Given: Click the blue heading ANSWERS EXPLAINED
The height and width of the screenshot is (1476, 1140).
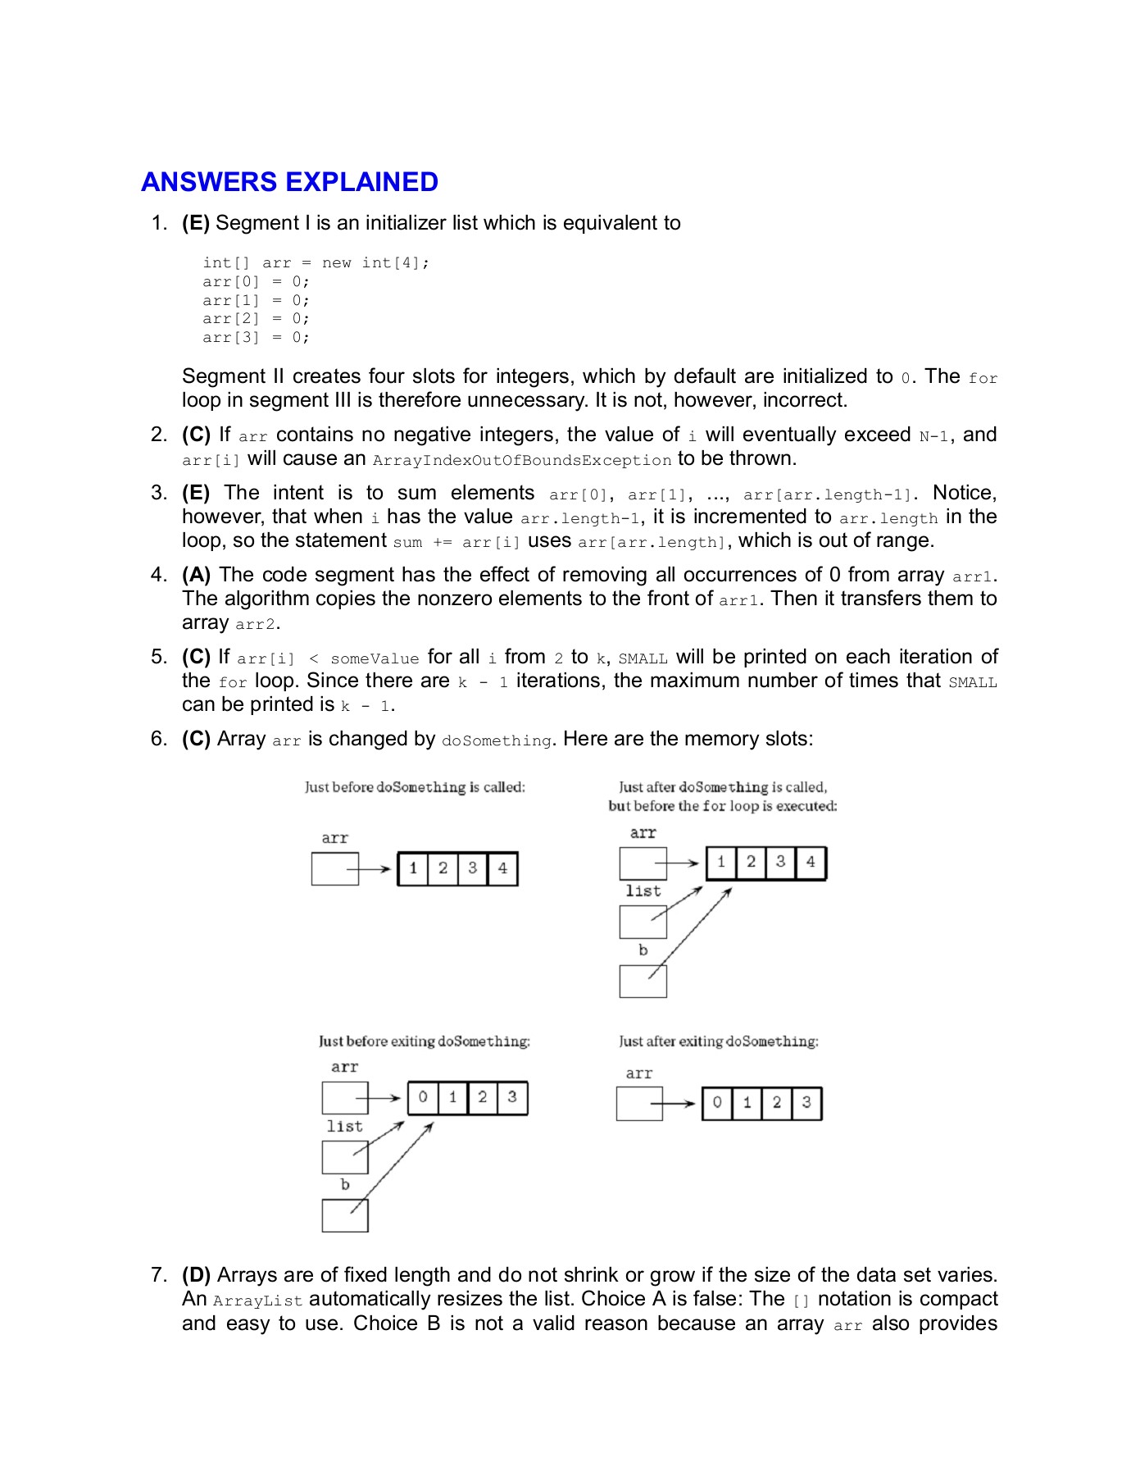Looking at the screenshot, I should click(289, 182).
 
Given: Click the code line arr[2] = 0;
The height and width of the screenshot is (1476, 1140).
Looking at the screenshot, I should click(256, 319).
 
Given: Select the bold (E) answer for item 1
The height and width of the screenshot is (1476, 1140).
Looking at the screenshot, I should click(196, 223).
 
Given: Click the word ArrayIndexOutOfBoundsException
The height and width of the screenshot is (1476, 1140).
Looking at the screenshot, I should click(522, 460).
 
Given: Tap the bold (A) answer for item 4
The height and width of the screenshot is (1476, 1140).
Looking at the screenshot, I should click(196, 575).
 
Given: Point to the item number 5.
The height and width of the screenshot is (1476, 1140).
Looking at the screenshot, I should click(158, 657).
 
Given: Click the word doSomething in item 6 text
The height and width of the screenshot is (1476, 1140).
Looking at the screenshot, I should click(497, 740).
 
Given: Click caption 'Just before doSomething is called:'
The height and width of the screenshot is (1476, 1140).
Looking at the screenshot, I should click(415, 787).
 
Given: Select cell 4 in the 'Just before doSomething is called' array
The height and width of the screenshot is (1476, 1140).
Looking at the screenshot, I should click(502, 868).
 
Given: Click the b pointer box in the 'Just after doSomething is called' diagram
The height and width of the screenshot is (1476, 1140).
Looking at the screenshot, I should click(643, 981).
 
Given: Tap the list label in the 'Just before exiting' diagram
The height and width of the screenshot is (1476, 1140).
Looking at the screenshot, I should click(344, 1127).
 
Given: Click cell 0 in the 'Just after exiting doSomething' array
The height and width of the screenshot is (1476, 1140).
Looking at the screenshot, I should click(717, 1103).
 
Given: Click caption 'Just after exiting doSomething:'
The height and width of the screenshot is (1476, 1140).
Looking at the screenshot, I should click(719, 1041).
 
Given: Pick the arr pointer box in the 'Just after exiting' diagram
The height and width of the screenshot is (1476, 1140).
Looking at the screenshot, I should click(639, 1104).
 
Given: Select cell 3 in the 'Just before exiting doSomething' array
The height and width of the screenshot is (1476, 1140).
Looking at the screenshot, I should click(512, 1097).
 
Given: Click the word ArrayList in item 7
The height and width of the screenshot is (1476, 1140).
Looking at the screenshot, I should click(257, 1301).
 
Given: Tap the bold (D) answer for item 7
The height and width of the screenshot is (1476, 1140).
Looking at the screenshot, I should click(196, 1275).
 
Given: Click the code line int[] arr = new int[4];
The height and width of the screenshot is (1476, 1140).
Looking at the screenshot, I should click(316, 263).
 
